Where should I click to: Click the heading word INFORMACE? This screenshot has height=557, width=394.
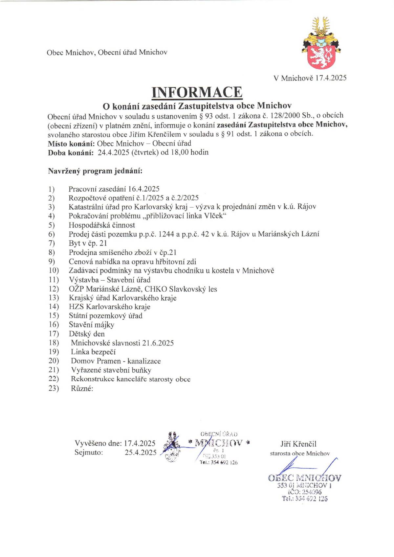click(197, 92)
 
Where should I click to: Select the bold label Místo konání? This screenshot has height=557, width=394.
click(71, 144)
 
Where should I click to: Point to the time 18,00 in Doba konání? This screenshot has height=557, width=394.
click(180, 152)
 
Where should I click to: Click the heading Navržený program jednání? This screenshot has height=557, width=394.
click(95, 171)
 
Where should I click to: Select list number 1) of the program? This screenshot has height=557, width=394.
click(51, 189)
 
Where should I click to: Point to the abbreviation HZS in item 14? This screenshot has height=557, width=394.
click(76, 307)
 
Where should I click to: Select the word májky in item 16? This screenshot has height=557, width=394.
click(105, 325)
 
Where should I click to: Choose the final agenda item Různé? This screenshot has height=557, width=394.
click(82, 388)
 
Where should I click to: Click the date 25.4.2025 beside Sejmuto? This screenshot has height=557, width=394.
click(141, 453)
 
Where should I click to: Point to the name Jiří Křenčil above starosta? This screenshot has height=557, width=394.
click(298, 444)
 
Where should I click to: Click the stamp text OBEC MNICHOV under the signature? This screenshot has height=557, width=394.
click(304, 478)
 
